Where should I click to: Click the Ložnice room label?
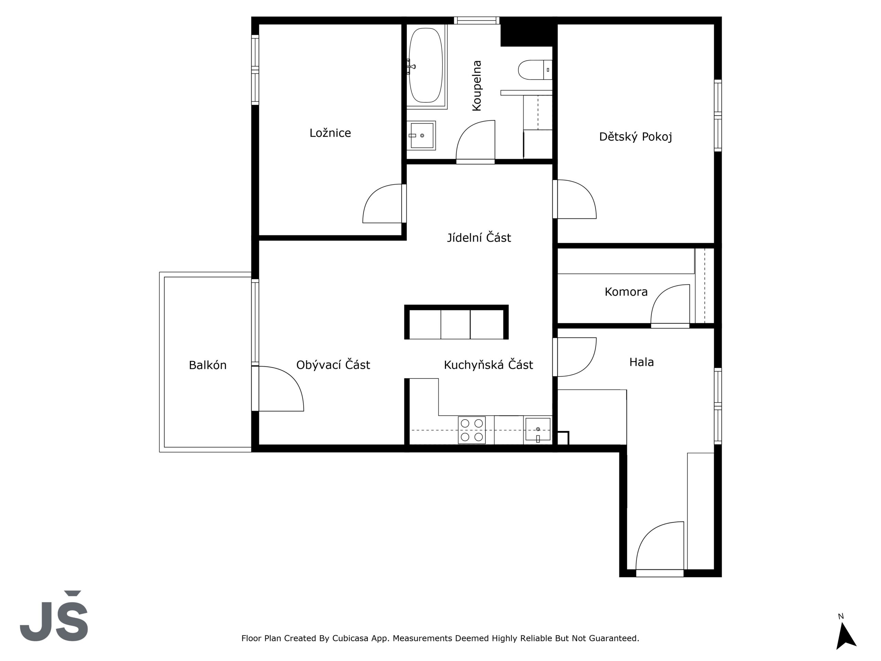[x=330, y=133]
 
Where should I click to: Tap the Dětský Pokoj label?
[x=636, y=137]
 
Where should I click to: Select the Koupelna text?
[x=477, y=86]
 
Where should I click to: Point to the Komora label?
[x=626, y=292]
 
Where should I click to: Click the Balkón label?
[x=208, y=365]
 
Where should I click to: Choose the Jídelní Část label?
[x=479, y=238]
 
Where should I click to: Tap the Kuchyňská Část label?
[x=488, y=365]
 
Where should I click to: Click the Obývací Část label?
[x=333, y=365]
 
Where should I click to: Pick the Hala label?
[x=641, y=362]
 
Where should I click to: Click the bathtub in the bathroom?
[x=426, y=65]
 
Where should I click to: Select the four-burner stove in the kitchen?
[x=471, y=430]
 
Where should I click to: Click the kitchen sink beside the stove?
[x=538, y=430]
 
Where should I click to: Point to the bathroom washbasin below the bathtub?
[x=421, y=135]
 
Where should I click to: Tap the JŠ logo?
[x=54, y=616]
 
